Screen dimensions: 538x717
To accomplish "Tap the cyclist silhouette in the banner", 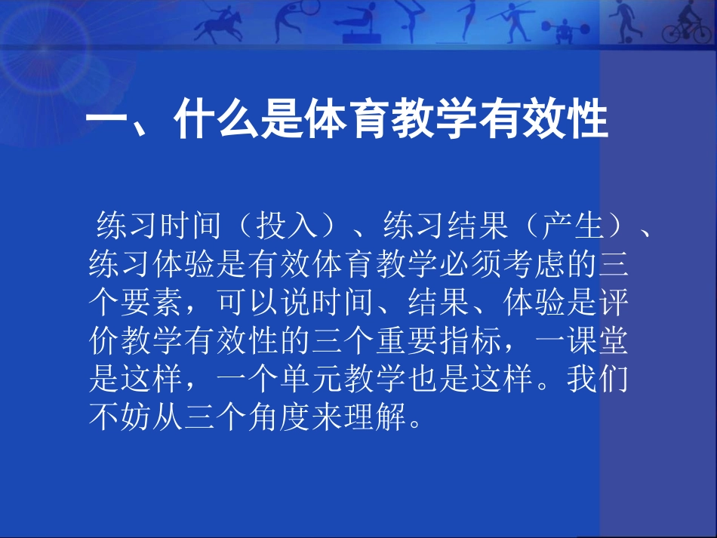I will coord(687,26).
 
